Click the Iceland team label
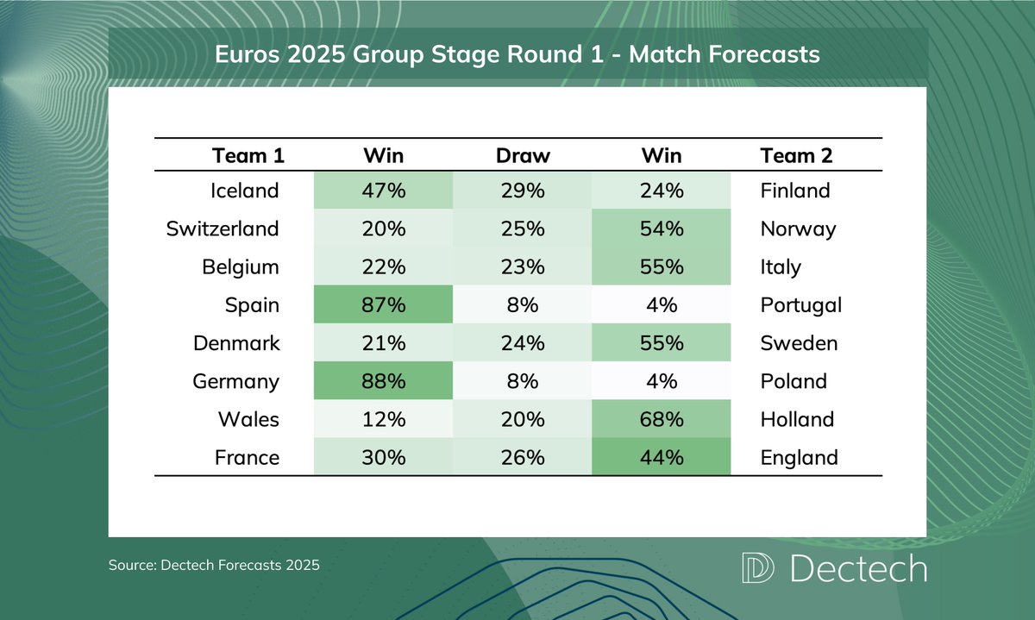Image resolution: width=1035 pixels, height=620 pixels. (245, 191)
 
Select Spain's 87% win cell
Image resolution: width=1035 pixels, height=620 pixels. (384, 304)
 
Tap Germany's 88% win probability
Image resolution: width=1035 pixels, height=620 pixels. (384, 381)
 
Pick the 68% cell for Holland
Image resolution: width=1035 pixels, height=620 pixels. (661, 419)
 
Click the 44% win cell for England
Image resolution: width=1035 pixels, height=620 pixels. (661, 457)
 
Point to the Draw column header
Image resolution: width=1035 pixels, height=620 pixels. (523, 156)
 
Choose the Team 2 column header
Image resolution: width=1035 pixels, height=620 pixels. (796, 156)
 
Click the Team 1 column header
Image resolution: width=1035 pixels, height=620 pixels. (248, 156)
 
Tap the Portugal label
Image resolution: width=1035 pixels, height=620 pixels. (800, 304)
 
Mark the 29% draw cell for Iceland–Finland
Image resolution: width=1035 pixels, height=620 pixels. (523, 191)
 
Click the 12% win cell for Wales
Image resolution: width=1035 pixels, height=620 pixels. (384, 419)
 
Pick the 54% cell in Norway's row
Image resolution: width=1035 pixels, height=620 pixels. (661, 229)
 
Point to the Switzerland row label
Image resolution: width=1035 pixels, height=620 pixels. (223, 229)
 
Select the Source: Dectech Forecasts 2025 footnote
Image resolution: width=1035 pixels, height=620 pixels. (214, 567)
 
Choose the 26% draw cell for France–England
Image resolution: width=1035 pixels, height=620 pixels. (523, 457)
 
